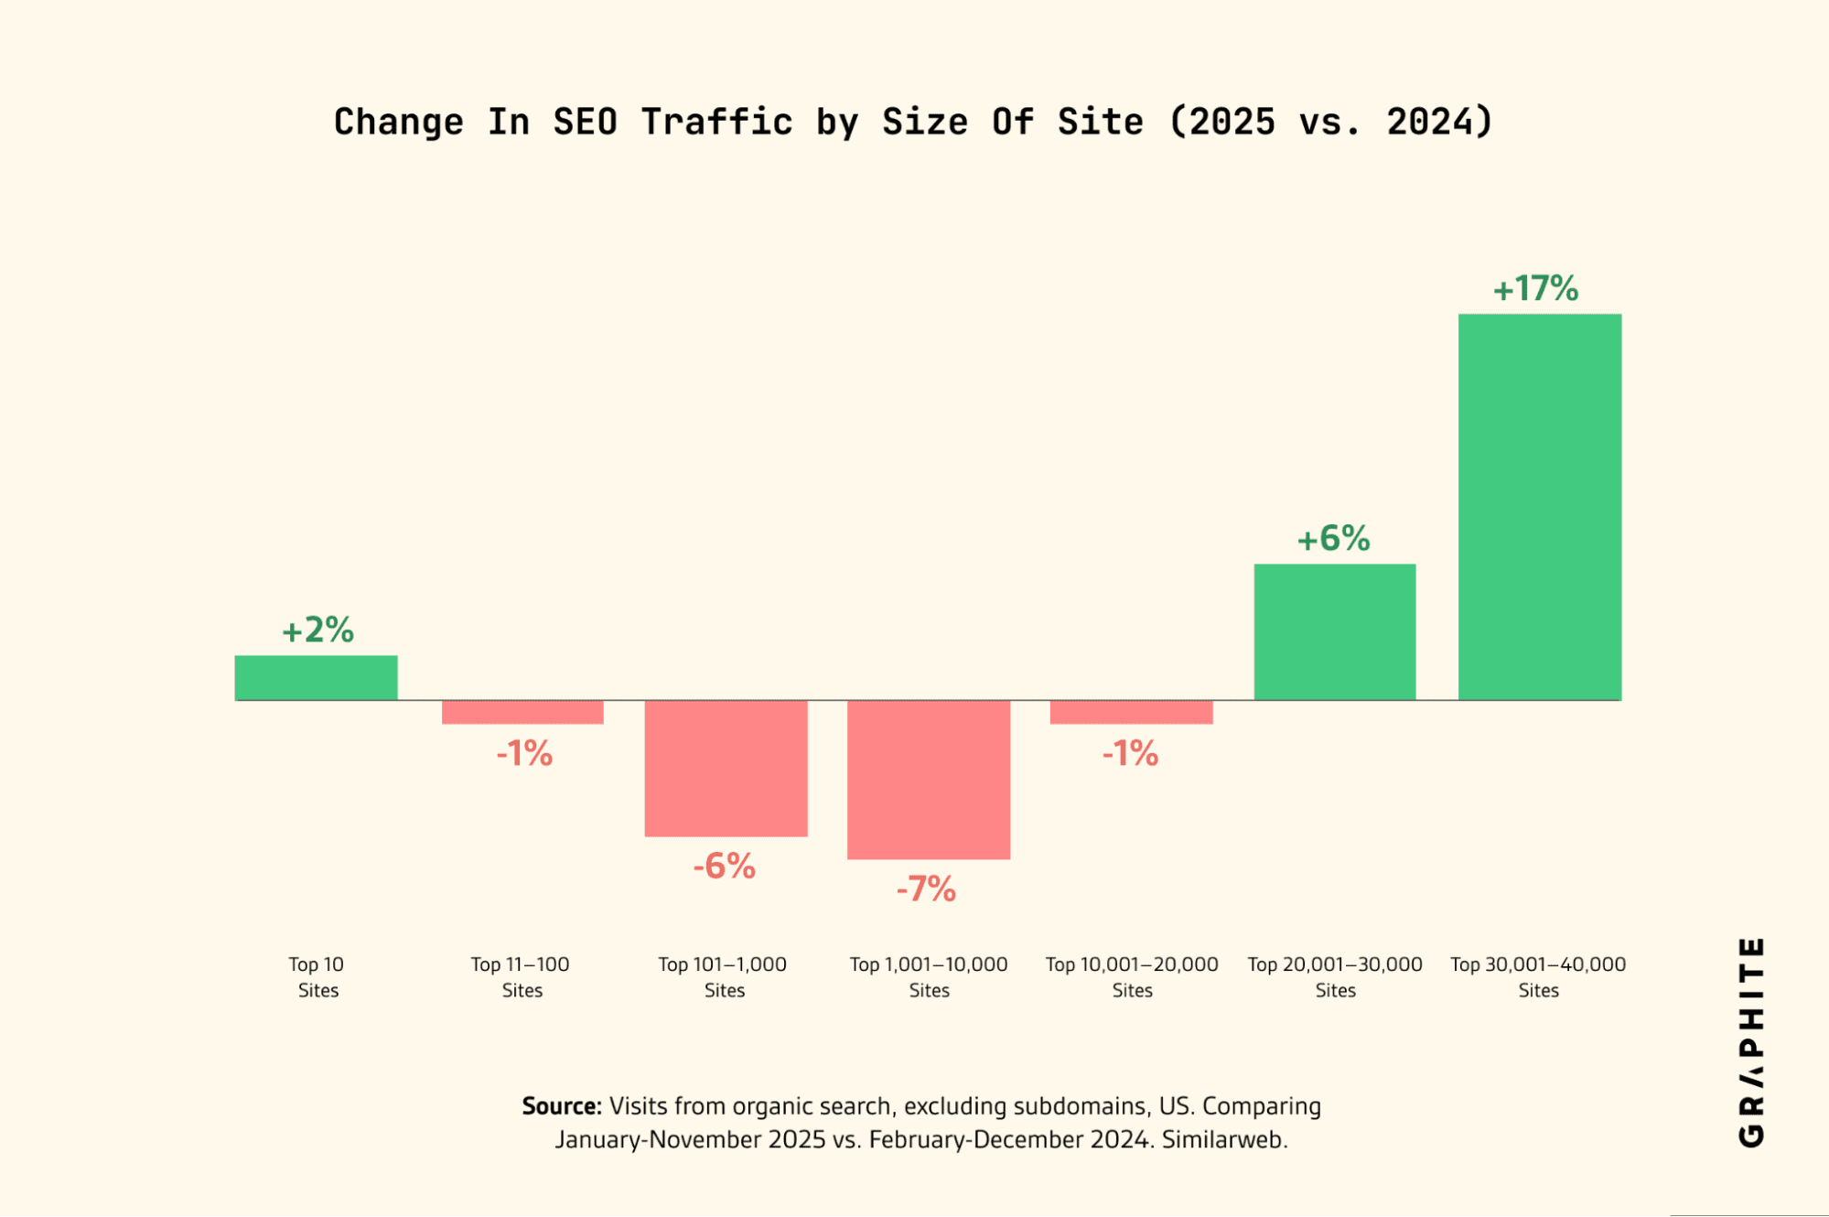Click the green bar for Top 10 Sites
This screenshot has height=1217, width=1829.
pyautogui.click(x=316, y=678)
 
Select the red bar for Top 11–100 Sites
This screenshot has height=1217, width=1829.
pyautogui.click(x=522, y=712)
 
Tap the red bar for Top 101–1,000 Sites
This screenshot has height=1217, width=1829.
pyautogui.click(x=726, y=768)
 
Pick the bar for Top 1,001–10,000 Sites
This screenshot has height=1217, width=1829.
pyautogui.click(x=929, y=780)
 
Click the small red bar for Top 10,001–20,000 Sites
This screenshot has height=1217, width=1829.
pyautogui.click(x=1131, y=712)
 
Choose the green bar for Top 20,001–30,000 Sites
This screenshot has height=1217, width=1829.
pyautogui.click(x=1335, y=632)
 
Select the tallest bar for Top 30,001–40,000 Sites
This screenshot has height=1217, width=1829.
pyautogui.click(x=1539, y=507)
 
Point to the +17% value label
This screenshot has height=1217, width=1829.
pyautogui.click(x=1535, y=289)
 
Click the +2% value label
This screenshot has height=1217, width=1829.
pyautogui.click(x=317, y=630)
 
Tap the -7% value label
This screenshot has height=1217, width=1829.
pyautogui.click(x=926, y=889)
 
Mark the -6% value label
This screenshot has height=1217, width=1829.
pyautogui.click(x=724, y=867)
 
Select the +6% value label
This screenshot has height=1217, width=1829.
pyautogui.click(x=1333, y=539)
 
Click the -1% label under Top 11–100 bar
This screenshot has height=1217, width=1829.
pyautogui.click(x=524, y=754)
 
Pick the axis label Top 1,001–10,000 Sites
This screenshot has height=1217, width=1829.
pyautogui.click(x=929, y=977)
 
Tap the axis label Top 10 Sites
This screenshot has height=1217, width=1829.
pyautogui.click(x=317, y=977)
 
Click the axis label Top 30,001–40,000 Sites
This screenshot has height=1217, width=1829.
pyautogui.click(x=1538, y=977)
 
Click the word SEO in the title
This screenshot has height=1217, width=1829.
pyautogui.click(x=585, y=123)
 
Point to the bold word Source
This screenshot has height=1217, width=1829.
pyautogui.click(x=560, y=1106)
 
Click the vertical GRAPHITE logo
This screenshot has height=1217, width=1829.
pyautogui.click(x=1750, y=1041)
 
